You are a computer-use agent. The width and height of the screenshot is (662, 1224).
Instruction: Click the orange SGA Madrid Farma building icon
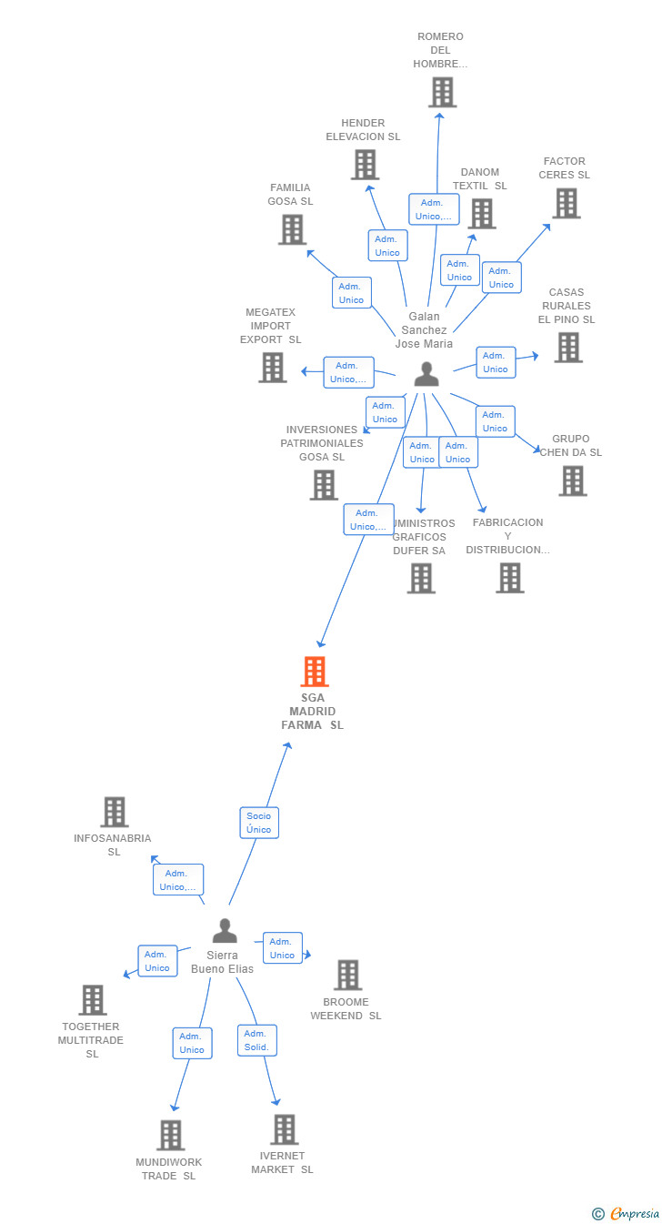pyautogui.click(x=314, y=672)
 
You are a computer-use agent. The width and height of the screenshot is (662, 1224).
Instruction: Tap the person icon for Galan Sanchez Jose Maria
pyautogui.click(x=426, y=374)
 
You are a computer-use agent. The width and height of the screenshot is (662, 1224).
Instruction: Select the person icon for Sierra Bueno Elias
pyautogui.click(x=225, y=931)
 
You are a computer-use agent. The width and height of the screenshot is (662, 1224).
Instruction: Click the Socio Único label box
pyautogui.click(x=259, y=823)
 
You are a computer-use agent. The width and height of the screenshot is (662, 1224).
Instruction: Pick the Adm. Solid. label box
pyautogui.click(x=256, y=1040)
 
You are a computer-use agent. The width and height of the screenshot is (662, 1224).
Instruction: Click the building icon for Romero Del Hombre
pyautogui.click(x=442, y=92)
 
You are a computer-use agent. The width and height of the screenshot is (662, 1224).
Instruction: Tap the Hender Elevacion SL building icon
pyautogui.click(x=365, y=165)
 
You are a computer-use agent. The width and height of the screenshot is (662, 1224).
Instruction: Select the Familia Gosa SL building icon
pyautogui.click(x=292, y=229)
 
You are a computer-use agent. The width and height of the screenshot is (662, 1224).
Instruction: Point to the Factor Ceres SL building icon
pyautogui.click(x=567, y=203)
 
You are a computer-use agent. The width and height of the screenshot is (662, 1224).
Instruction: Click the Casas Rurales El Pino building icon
pyautogui.click(x=568, y=347)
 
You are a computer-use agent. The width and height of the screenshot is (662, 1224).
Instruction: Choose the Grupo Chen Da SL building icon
pyautogui.click(x=573, y=480)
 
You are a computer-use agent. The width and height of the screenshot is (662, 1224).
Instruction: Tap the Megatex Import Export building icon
pyautogui.click(x=273, y=367)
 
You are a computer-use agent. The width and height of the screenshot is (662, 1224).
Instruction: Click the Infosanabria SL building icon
pyautogui.click(x=115, y=812)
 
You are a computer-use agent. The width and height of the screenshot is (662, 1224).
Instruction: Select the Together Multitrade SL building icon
pyautogui.click(x=93, y=999)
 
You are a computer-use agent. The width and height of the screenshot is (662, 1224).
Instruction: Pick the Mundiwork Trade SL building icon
pyautogui.click(x=171, y=1135)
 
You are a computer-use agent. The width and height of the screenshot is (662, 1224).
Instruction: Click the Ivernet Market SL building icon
pyautogui.click(x=285, y=1129)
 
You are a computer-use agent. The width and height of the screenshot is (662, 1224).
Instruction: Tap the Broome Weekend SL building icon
pyautogui.click(x=347, y=975)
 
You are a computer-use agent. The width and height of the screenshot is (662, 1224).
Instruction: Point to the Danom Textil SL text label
pyautogui.click(x=479, y=179)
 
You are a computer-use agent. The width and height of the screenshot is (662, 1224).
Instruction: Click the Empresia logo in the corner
pyautogui.click(x=627, y=1213)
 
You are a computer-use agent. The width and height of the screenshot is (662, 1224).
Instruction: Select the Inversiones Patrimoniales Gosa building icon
pyautogui.click(x=324, y=484)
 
